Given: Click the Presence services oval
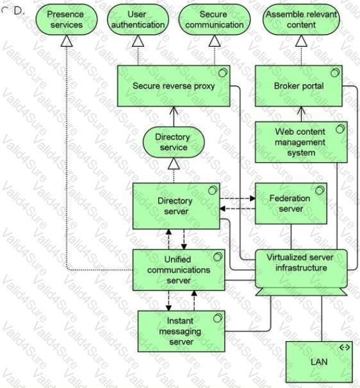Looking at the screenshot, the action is pyautogui.click(x=67, y=19).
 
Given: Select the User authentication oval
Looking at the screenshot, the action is pyautogui.click(x=138, y=19).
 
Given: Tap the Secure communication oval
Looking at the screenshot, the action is pyautogui.click(x=214, y=19).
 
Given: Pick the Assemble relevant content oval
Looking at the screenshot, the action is pyautogui.click(x=301, y=19).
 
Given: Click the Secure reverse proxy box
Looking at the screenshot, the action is pyautogui.click(x=174, y=86).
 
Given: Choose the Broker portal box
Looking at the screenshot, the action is pyautogui.click(x=299, y=86).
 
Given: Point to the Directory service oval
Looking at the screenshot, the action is pyautogui.click(x=174, y=142).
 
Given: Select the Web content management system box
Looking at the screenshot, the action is pyautogui.click(x=301, y=142).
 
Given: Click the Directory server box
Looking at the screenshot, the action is pyautogui.click(x=176, y=206).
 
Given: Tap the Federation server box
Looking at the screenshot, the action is pyautogui.click(x=291, y=203).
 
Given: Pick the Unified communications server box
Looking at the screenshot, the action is pyautogui.click(x=179, y=270).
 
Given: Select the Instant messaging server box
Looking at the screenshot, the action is pyautogui.click(x=181, y=331).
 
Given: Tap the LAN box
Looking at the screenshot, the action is pyautogui.click(x=319, y=362).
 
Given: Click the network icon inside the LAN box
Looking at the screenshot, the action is pyautogui.click(x=345, y=348).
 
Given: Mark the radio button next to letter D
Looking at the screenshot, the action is pyautogui.click(x=4, y=10).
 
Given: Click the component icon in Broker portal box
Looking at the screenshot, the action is pyautogui.click(x=335, y=72).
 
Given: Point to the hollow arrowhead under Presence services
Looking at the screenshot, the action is pyautogui.click(x=67, y=41).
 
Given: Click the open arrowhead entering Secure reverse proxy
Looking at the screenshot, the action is pyautogui.click(x=174, y=110).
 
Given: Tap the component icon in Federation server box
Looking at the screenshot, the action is pyautogui.click(x=320, y=190).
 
